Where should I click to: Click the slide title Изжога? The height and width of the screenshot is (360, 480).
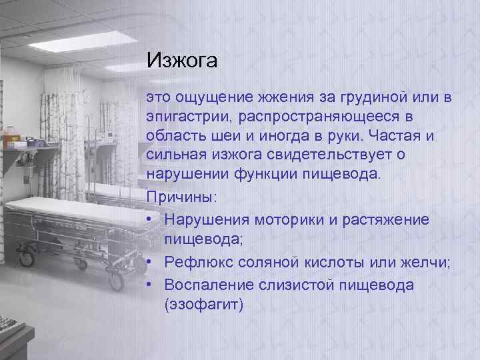tap(182, 61)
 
